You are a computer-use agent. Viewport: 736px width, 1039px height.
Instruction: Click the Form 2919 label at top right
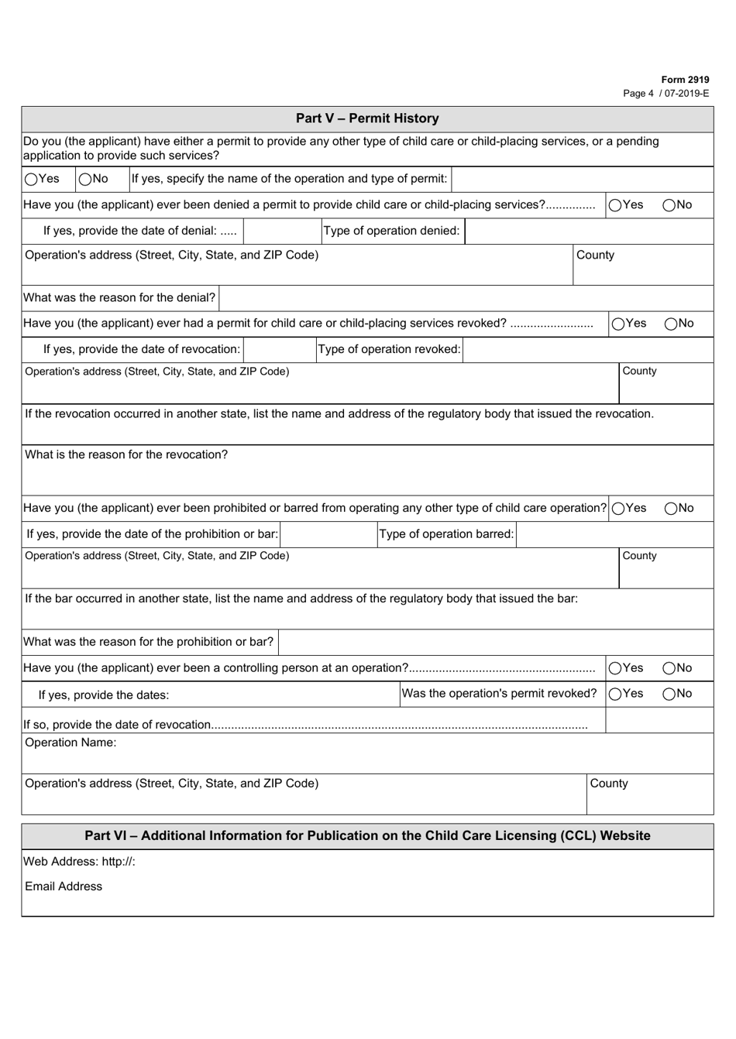coord(685,80)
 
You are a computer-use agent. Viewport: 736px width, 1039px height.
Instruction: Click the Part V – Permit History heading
coord(367,118)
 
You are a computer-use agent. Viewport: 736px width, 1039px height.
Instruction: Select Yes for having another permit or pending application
coord(31,180)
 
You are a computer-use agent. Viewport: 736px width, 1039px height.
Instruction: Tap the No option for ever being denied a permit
coord(669,206)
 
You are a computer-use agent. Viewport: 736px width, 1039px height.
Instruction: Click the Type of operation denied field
coord(589,231)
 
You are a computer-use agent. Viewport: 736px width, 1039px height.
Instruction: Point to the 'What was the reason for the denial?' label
coord(119,298)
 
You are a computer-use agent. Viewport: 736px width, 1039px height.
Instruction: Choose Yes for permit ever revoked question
coord(618,324)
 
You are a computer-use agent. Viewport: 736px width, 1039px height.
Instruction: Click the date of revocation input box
coord(279,350)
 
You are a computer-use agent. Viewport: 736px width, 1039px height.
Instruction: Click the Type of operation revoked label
coord(389,350)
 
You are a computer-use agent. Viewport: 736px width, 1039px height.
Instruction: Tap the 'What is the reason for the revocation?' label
coord(126,455)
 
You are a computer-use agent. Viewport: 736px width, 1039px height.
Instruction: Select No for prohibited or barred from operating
coord(670,509)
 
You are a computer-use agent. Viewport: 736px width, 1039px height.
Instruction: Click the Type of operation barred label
coord(446,535)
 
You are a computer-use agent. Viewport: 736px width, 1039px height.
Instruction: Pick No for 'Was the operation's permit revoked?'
coord(669,694)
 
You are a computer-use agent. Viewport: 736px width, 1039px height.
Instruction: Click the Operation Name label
coord(71,743)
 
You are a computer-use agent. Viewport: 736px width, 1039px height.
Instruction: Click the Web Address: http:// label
coord(79,862)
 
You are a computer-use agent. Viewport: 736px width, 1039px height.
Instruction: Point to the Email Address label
coord(64,887)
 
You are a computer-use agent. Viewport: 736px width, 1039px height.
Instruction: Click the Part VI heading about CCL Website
coord(367,836)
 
